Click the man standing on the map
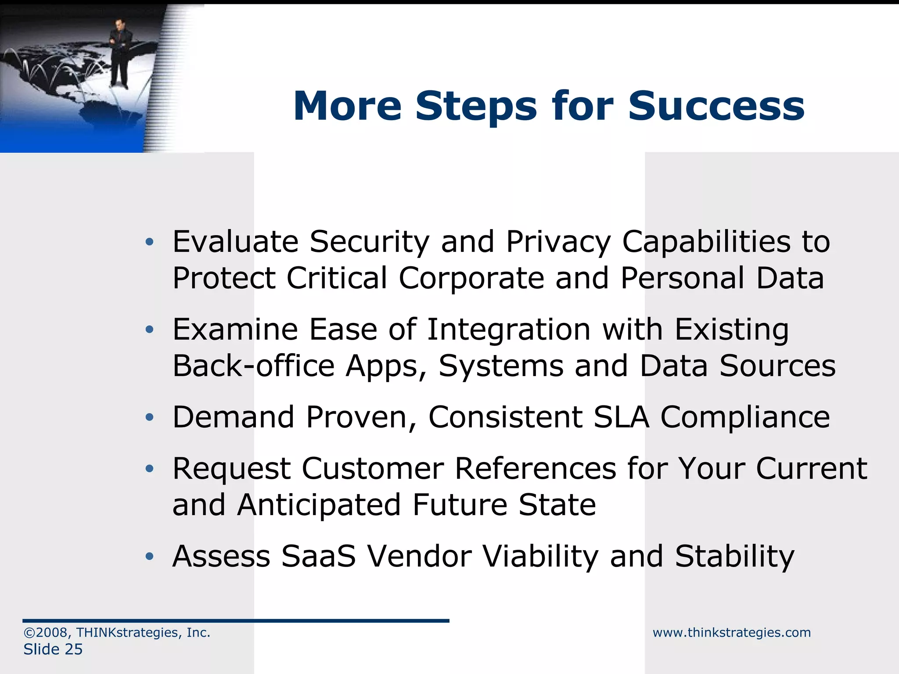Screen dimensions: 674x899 pyautogui.click(x=119, y=53)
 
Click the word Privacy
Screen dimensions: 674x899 pyautogui.click(x=558, y=242)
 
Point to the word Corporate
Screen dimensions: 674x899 pyautogui.click(x=471, y=278)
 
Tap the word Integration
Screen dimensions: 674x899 pyautogui.click(x=509, y=330)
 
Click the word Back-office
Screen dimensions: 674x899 pyautogui.click(x=254, y=366)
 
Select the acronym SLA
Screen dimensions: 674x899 pyautogui.click(x=621, y=417)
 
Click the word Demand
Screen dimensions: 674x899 pyautogui.click(x=233, y=417)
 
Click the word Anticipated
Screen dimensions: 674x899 pyautogui.click(x=319, y=505)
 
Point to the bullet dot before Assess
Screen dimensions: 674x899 pyautogui.click(x=150, y=557)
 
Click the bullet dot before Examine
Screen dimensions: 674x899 pyautogui.click(x=150, y=330)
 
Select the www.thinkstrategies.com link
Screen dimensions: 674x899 pyautogui.click(x=731, y=632)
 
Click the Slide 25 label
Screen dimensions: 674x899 pyautogui.click(x=53, y=649)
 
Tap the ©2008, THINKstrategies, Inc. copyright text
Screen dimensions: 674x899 pyautogui.click(x=117, y=632)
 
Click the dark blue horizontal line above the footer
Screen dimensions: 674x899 pyautogui.click(x=236, y=621)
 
